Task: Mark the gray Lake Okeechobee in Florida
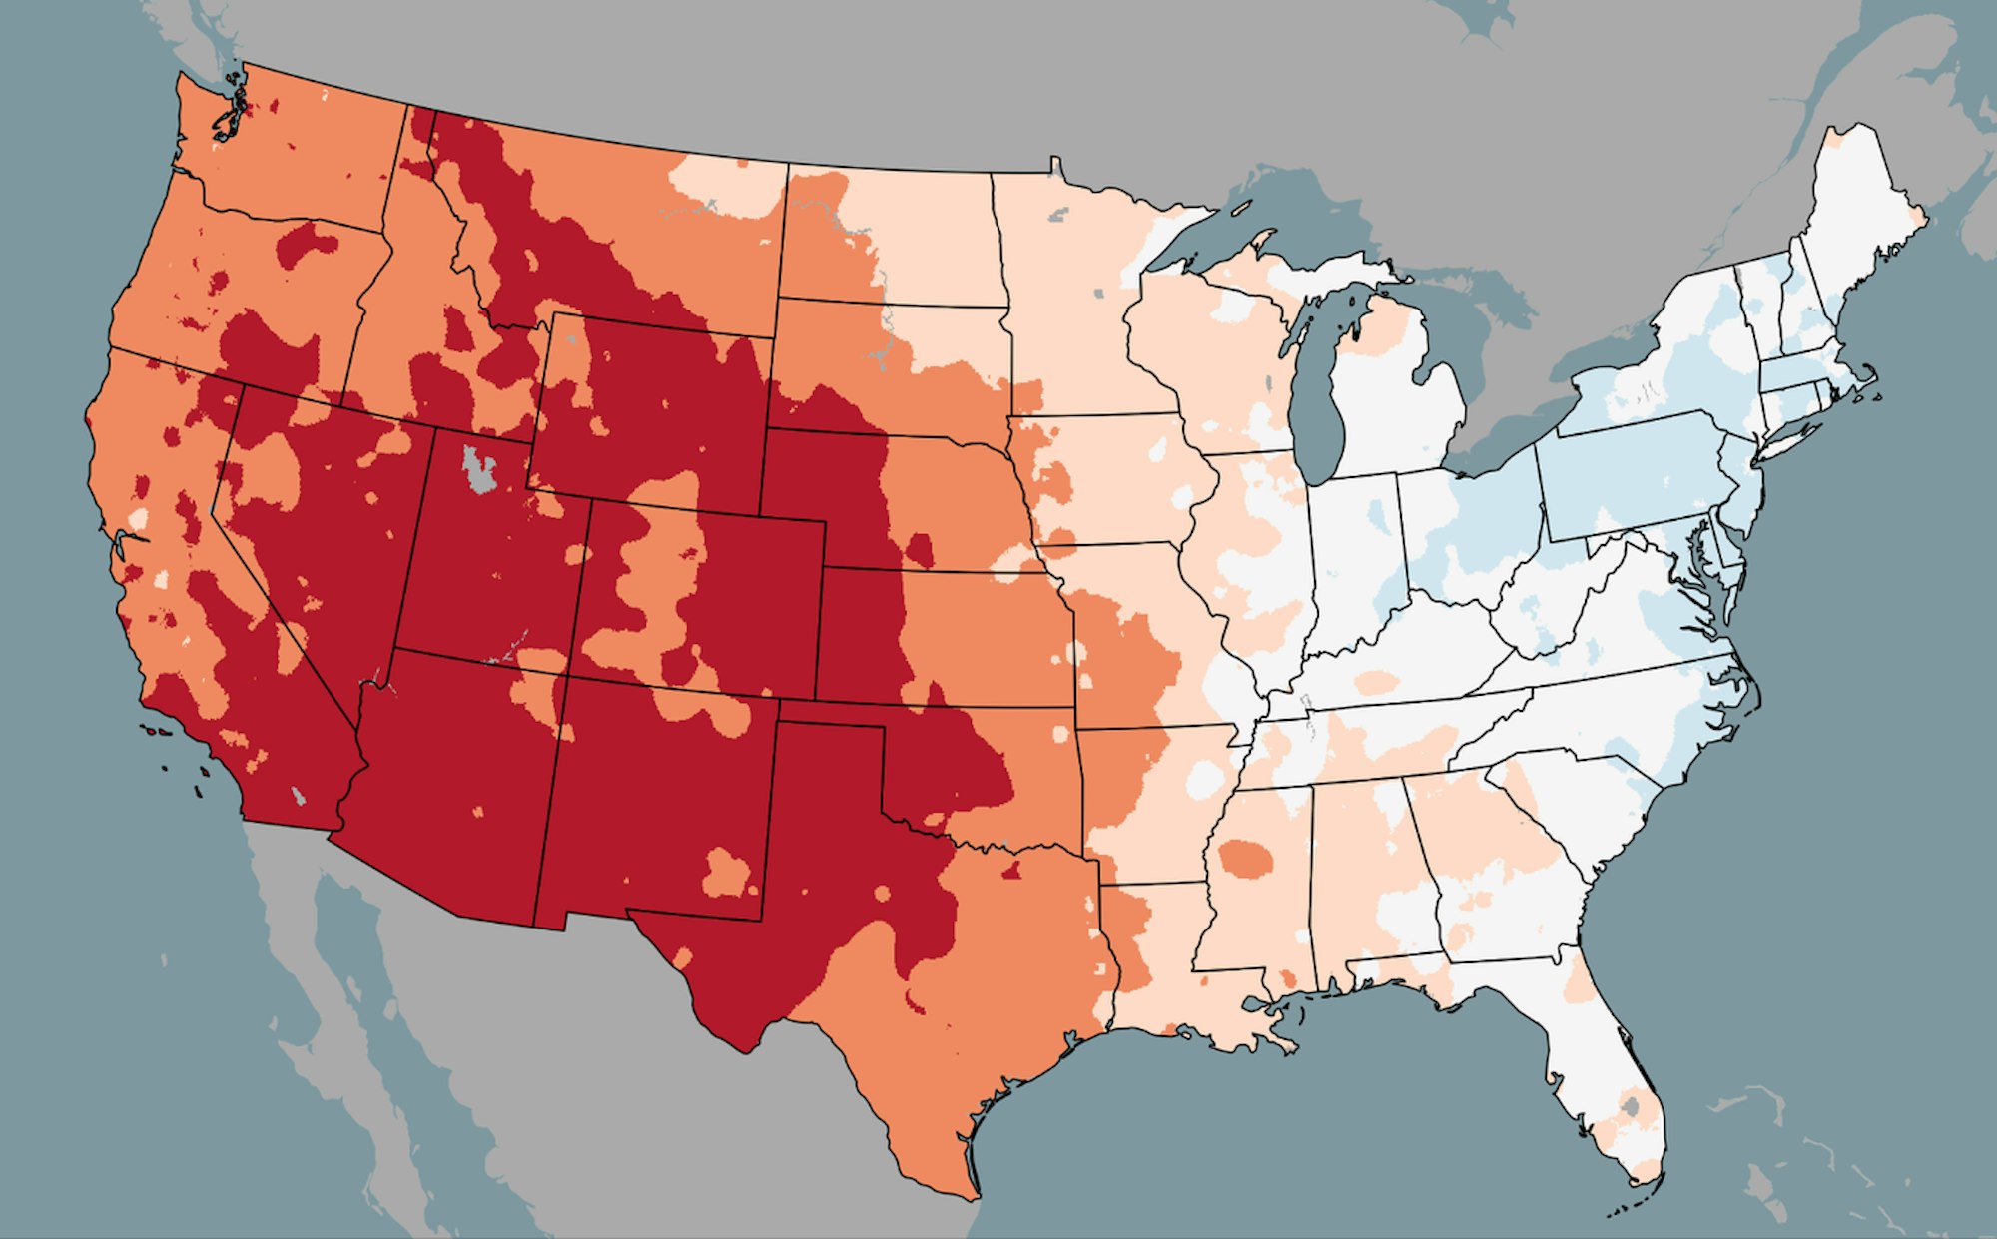[1631, 1106]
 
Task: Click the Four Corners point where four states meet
[566, 676]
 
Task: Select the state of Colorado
[699, 599]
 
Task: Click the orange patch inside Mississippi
[1247, 858]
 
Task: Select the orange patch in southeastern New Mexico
[727, 873]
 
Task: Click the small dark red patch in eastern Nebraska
[920, 549]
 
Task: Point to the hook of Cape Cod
[1871, 377]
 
